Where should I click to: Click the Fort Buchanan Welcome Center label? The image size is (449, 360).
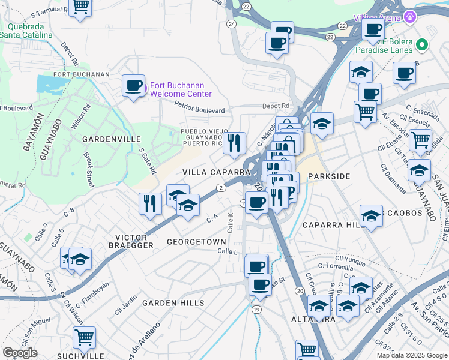(x=181, y=89)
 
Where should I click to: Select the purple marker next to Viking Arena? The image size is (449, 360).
(x=411, y=16)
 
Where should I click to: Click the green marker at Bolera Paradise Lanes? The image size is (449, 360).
(x=421, y=44)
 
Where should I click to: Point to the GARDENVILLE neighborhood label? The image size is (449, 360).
(x=107, y=139)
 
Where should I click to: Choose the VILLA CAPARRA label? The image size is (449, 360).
(x=215, y=172)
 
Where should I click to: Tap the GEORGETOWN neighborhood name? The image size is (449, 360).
(x=196, y=242)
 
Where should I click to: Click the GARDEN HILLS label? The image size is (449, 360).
(x=173, y=303)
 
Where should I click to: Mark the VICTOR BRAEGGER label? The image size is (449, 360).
(x=131, y=241)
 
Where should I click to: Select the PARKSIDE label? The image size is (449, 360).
(x=328, y=176)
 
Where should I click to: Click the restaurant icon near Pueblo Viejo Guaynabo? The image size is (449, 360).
(x=235, y=143)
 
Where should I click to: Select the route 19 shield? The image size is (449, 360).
(x=256, y=309)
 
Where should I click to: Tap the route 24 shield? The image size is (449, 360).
(x=231, y=24)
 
